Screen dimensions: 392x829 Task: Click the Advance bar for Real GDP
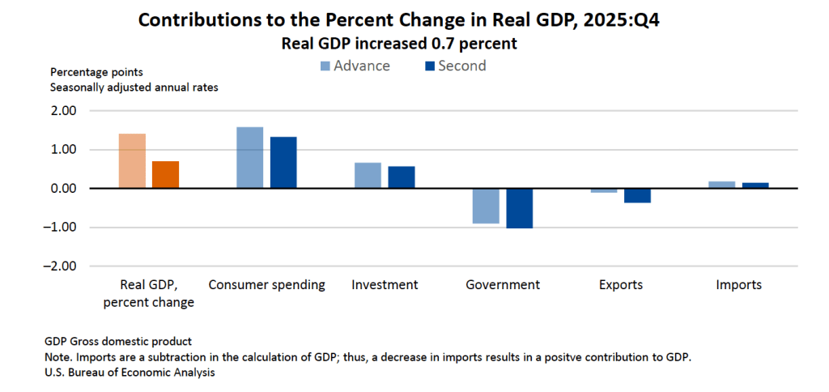[132, 160]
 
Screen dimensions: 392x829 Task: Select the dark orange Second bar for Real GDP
[165, 174]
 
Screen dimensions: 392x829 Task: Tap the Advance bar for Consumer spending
[249, 157]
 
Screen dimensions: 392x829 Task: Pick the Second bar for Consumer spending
[283, 162]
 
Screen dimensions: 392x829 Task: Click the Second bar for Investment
[402, 177]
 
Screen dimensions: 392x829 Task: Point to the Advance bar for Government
[486, 206]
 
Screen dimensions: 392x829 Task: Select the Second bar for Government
[520, 208]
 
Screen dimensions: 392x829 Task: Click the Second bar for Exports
[637, 195]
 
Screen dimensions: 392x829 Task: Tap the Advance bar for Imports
[722, 185]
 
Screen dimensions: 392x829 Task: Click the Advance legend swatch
[325, 66]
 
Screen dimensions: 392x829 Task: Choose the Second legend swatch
[429, 66]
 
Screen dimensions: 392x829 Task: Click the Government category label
[503, 285]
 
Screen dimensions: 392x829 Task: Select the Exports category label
[621, 285]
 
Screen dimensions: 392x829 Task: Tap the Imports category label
[738, 285]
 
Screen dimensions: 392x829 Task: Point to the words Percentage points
[96, 72]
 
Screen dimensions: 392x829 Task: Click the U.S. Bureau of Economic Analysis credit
[130, 373]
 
